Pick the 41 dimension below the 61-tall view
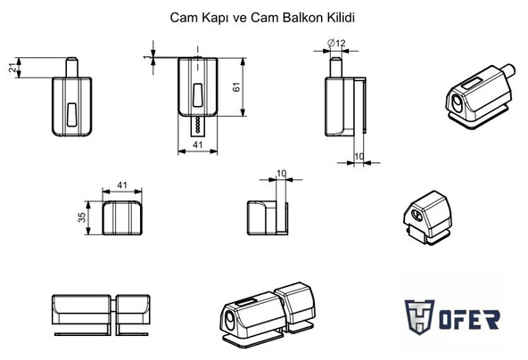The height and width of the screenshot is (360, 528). click(x=198, y=146)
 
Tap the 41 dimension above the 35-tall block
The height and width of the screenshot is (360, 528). click(x=123, y=185)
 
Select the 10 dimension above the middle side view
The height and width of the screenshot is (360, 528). click(x=282, y=173)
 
